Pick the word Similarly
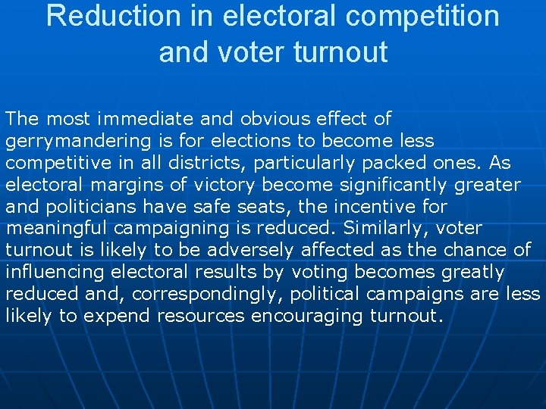(382, 229)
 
